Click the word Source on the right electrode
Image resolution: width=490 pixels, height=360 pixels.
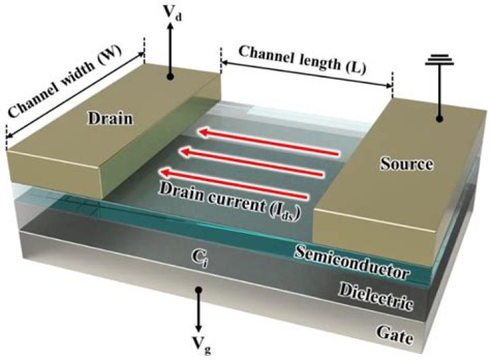[408, 164]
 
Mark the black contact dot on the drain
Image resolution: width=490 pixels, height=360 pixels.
[173, 78]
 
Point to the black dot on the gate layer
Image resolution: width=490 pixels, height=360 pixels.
[199, 290]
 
